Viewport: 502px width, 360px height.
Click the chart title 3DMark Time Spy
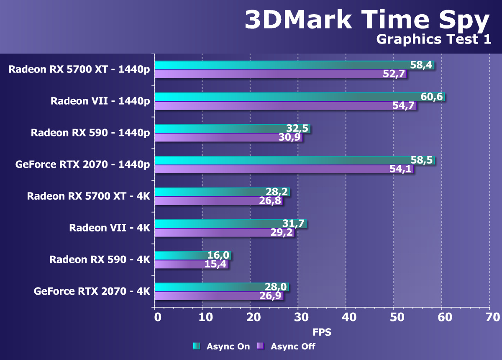(x=366, y=20)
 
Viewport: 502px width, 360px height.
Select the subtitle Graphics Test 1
(x=433, y=39)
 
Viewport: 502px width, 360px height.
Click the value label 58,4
(x=421, y=65)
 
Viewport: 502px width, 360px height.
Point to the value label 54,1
(x=400, y=169)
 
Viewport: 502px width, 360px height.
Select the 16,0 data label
(x=218, y=255)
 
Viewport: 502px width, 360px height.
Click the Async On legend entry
(x=221, y=346)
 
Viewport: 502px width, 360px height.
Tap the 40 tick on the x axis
(x=346, y=317)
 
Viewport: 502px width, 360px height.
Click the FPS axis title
(x=322, y=332)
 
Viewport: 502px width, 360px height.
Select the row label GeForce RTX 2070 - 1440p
(x=82, y=165)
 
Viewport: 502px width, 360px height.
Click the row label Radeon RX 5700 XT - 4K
(x=88, y=196)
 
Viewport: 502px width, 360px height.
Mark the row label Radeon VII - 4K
(x=110, y=228)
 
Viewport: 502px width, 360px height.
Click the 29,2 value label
(x=281, y=233)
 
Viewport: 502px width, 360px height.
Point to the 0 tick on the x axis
(x=157, y=317)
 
